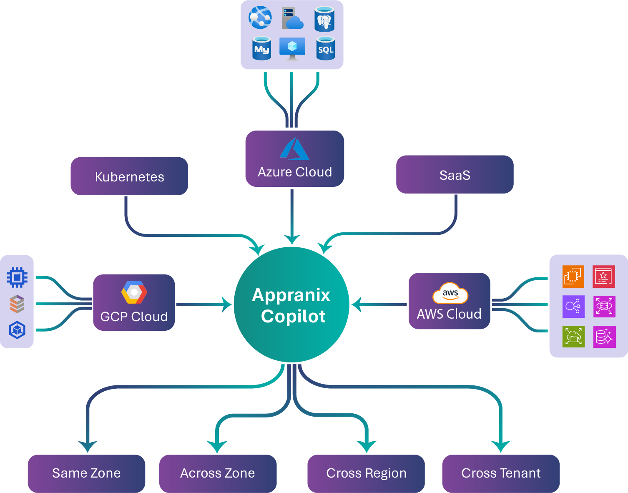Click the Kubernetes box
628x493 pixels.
click(x=129, y=176)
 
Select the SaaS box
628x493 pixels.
click(x=455, y=174)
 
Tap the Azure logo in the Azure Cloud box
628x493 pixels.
click(x=294, y=149)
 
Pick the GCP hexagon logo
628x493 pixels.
click(x=134, y=292)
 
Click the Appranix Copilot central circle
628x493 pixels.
click(x=291, y=305)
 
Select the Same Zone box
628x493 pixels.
click(x=86, y=473)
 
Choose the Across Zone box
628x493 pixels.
click(x=218, y=473)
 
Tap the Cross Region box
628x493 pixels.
click(x=366, y=473)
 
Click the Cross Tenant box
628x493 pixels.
click(x=501, y=473)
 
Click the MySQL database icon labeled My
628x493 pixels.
click(x=262, y=48)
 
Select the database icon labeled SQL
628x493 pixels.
click(x=325, y=48)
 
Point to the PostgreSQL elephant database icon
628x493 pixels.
click(x=324, y=19)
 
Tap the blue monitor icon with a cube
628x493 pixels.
click(x=292, y=48)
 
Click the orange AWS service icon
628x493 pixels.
click(x=573, y=276)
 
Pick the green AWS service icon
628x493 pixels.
click(x=573, y=337)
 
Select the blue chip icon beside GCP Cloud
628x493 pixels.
click(x=17, y=277)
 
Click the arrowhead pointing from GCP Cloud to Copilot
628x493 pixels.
click(x=228, y=304)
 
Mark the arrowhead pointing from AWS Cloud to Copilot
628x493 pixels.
click(x=356, y=304)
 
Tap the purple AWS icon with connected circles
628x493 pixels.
click(x=573, y=307)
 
